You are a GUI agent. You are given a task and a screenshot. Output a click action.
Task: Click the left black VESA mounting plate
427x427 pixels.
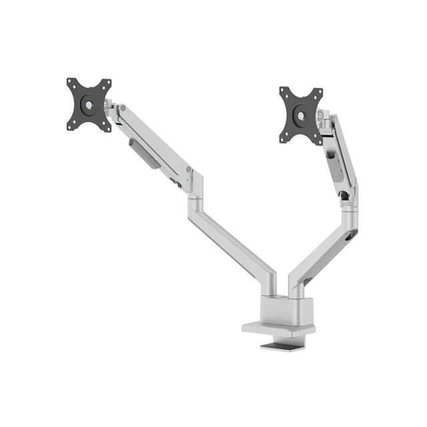(89, 105)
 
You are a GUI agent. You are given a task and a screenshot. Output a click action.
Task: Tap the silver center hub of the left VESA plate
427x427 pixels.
(89, 105)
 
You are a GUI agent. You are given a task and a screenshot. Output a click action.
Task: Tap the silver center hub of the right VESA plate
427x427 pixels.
(302, 115)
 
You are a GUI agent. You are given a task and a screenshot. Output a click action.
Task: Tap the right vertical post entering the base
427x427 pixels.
(296, 287)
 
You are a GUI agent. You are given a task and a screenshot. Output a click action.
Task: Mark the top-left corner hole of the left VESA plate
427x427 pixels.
(71, 83)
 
